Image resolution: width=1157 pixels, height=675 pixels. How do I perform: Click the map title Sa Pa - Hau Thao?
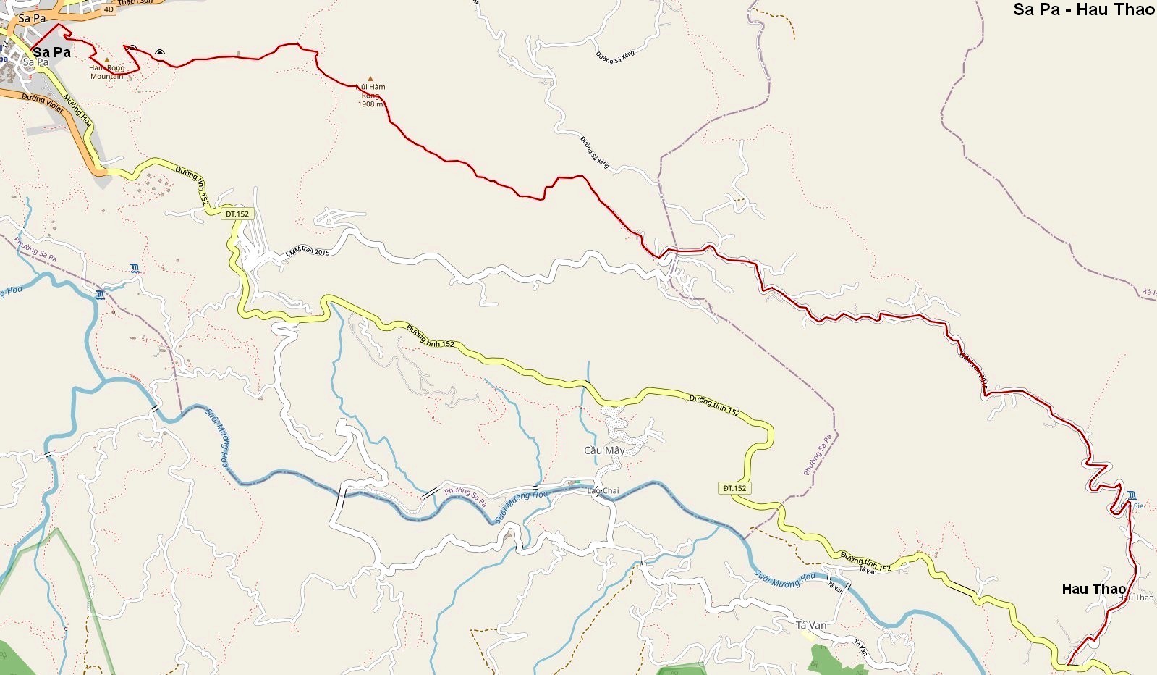coord(1084,9)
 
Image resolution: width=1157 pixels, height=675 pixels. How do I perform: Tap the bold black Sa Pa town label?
coord(52,52)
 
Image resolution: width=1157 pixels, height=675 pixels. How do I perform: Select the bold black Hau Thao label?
coord(1093,589)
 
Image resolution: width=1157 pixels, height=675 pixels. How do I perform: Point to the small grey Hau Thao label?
coord(1136,598)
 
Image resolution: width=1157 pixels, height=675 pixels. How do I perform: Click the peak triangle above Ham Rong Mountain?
coord(107,60)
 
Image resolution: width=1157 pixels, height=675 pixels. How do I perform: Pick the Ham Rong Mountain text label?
coord(107,72)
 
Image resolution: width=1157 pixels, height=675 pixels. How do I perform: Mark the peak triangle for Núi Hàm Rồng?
coord(370,78)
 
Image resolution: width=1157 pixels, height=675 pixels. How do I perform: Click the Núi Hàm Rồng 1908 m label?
coord(370,96)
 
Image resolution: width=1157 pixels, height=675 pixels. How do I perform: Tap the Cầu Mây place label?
coord(604,450)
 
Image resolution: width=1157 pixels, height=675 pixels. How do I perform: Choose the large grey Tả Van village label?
coord(811,625)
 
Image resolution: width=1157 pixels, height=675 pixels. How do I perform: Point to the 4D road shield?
coord(109,9)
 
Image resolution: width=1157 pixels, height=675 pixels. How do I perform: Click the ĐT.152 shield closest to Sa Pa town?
coord(237,214)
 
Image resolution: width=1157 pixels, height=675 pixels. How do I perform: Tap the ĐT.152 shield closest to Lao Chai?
coord(734,488)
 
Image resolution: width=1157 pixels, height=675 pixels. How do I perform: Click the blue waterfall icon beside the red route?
coord(1132,495)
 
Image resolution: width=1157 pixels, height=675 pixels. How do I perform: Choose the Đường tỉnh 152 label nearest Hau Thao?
coord(865,561)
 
